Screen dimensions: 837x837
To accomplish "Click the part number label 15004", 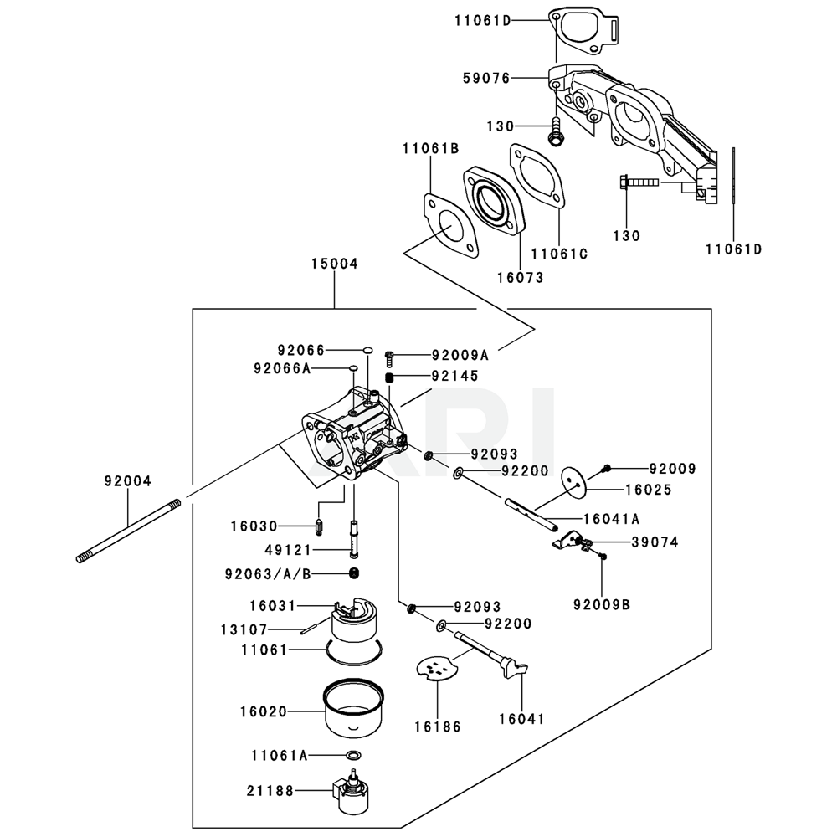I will point(334,263).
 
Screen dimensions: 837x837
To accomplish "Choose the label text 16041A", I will point(595,518).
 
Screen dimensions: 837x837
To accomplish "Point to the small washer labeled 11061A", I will point(353,756).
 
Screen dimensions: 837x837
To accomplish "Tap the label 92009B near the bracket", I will point(602,602).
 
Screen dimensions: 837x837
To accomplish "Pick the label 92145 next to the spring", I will point(455,377).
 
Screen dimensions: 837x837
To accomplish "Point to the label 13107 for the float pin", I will point(267,629).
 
